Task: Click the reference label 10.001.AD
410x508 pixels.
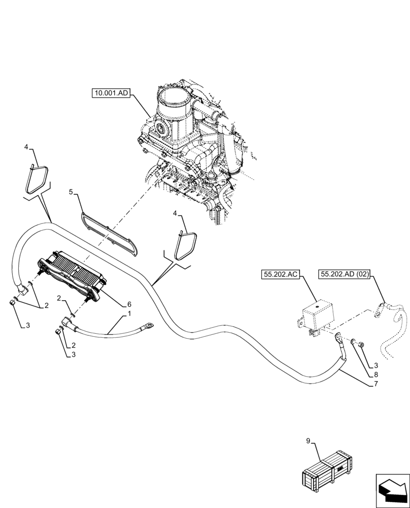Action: [111, 93]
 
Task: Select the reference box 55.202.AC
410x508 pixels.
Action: [281, 275]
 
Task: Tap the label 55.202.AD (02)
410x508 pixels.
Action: [345, 275]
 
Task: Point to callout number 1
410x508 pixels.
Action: [129, 314]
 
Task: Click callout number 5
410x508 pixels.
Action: [72, 192]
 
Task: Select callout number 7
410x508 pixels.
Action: [376, 385]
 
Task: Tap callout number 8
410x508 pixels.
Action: [376, 374]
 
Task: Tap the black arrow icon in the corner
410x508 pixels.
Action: [392, 490]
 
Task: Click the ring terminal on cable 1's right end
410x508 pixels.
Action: [149, 323]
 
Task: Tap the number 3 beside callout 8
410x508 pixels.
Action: [376, 365]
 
